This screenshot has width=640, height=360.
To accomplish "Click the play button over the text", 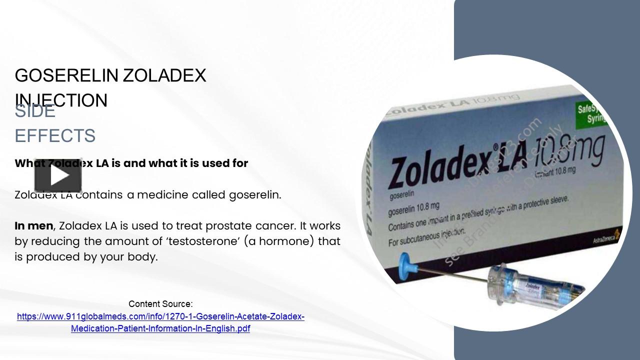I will tap(58, 175).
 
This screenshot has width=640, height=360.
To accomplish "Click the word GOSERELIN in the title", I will tap(66, 75).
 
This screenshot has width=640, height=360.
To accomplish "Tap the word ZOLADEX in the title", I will tap(164, 75).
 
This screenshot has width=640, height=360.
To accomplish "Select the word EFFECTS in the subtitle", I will tap(55, 136).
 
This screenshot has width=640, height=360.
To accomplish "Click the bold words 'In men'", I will tap(33, 226).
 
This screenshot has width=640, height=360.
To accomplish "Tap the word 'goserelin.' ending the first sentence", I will tap(255, 195).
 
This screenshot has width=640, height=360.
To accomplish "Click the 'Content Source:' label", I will tap(160, 304).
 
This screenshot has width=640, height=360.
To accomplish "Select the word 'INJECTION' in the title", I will tap(61, 100).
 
